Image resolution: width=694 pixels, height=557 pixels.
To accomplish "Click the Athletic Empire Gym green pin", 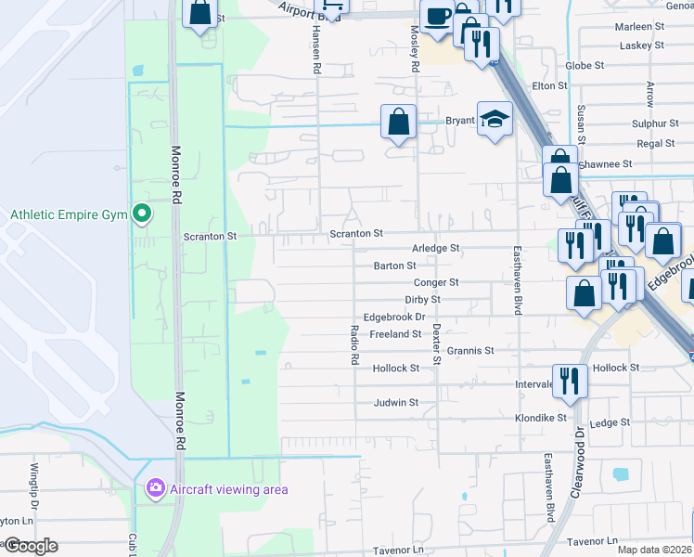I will click(141, 214).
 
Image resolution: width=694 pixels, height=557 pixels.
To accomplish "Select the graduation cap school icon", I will click(495, 119).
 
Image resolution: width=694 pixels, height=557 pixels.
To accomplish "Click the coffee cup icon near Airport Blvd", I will click(437, 16).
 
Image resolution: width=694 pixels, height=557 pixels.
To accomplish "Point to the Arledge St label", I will click(435, 249).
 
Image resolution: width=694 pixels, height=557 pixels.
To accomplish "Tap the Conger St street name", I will click(435, 282).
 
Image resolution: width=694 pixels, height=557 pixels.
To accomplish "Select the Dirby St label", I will click(422, 300).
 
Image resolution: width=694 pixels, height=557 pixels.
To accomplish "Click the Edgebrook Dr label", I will click(393, 317).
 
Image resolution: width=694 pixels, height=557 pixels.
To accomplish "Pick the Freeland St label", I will click(395, 334).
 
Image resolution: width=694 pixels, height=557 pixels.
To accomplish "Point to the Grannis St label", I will click(470, 351).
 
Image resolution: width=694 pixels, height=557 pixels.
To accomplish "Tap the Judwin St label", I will click(395, 403).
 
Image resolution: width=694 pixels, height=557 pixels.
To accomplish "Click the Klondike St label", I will click(541, 419).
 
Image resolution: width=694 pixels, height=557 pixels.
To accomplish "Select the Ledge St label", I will click(610, 423).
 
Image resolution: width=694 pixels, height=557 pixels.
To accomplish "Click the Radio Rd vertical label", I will click(354, 346).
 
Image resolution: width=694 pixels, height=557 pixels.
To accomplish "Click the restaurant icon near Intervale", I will click(569, 379).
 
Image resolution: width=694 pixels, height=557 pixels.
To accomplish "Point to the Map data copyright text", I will click(656, 548).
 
